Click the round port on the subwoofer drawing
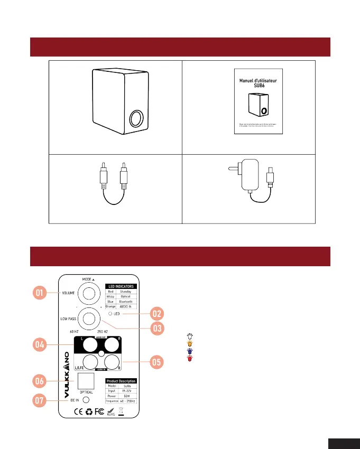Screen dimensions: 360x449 tap(136, 118)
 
